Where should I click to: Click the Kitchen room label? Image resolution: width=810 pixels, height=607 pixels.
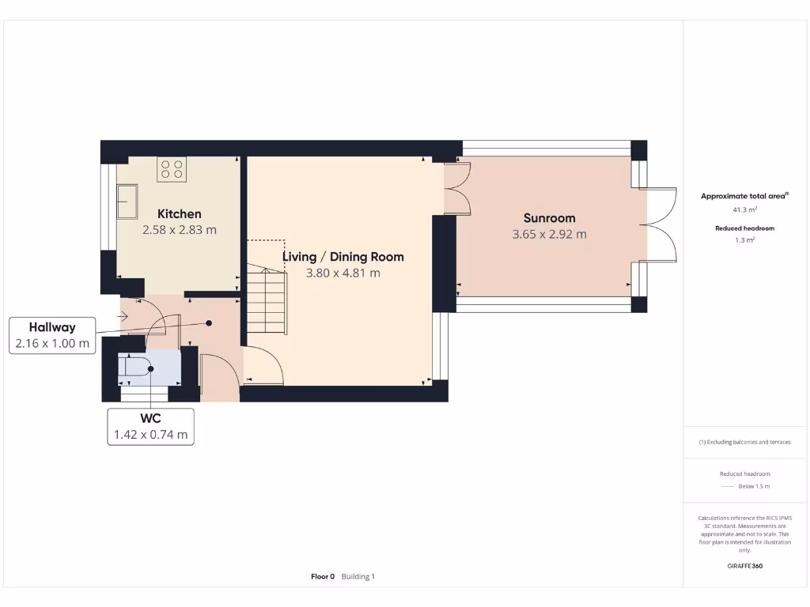(179, 213)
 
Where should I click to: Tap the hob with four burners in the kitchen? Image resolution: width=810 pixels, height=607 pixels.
(171, 169)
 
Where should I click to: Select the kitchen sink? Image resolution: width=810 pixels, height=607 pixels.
(126, 202)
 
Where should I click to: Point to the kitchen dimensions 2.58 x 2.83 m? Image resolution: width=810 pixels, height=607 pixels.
(179, 230)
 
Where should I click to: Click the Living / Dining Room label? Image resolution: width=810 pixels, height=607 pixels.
(343, 257)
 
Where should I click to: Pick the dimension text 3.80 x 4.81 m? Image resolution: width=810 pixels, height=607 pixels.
(343, 273)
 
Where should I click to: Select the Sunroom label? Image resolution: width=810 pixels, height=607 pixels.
(549, 218)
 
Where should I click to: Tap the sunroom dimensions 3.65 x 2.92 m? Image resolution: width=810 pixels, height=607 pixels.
(549, 235)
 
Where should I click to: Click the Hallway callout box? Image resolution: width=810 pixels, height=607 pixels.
(52, 335)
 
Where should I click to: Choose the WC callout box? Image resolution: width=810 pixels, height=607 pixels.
(150, 426)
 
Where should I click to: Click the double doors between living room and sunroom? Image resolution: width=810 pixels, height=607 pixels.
(458, 189)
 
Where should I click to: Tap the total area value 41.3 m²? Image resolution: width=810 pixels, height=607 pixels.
(744, 210)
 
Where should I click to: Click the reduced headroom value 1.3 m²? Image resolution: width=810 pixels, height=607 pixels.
(744, 240)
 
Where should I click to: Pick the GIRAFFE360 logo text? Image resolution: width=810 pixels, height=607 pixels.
(744, 566)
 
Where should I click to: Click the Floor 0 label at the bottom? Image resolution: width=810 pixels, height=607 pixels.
(323, 576)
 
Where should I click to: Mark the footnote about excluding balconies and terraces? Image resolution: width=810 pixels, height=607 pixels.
(744, 443)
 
